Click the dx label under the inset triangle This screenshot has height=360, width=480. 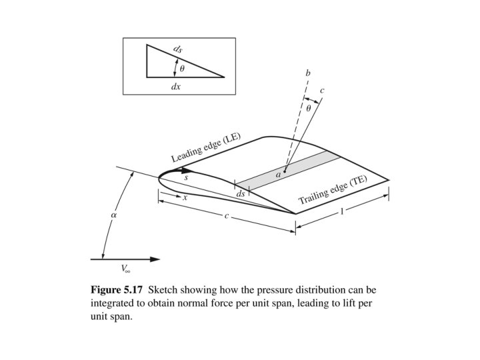tap(176, 87)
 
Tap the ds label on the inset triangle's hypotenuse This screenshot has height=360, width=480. tap(177, 49)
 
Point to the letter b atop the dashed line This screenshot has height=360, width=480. tap(307, 72)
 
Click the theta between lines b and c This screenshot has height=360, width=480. tap(308, 107)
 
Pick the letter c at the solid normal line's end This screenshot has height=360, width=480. tap(322, 91)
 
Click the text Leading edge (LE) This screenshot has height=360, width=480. tap(206, 148)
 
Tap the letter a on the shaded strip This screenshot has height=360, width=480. tap(279, 174)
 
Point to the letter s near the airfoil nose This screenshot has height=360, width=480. tap(186, 178)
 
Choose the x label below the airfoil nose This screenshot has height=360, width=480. tap(185, 198)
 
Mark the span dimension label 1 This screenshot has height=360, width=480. tap(343, 211)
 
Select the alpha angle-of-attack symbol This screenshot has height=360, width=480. tap(113, 215)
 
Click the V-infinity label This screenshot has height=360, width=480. tap(125, 269)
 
